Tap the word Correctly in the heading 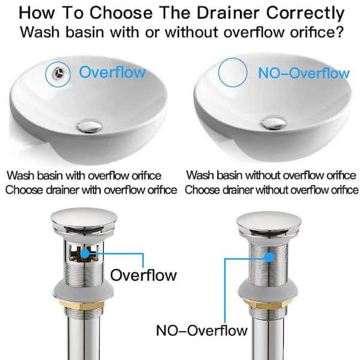tap(305, 14)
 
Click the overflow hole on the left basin tap(59, 73)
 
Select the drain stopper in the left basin tap(89, 125)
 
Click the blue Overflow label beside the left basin tap(112, 72)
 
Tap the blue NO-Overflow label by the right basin tap(304, 73)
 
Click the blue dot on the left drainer tap(85, 253)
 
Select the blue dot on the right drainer tap(269, 257)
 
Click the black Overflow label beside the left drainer tap(143, 275)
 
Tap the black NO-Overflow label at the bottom tap(202, 331)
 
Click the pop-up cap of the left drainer tap(84, 218)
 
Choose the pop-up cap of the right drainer tap(269, 221)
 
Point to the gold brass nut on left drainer tap(83, 304)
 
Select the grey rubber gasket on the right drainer tap(268, 289)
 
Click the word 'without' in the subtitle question tap(191, 32)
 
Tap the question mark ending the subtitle tap(340, 32)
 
